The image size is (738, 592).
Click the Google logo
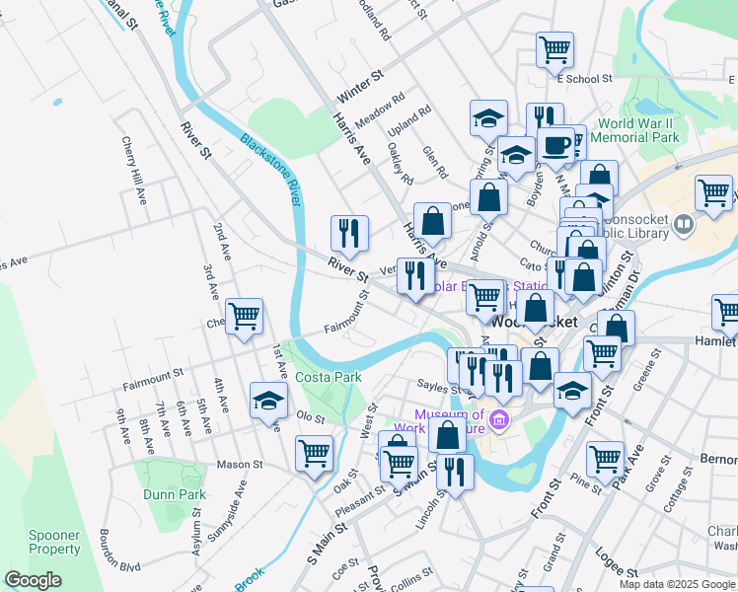[33, 580]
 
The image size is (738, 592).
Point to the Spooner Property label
[54, 542]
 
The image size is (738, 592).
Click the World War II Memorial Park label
[639, 131]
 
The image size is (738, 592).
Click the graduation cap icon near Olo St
[267, 400]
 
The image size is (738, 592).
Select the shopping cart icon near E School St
[554, 47]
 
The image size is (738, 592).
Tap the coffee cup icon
[555, 144]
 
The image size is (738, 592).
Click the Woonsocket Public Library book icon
[682, 227]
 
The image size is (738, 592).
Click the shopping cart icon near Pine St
[605, 457]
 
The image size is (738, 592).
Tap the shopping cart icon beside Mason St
[314, 453]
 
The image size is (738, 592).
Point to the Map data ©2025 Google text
[677, 584]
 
